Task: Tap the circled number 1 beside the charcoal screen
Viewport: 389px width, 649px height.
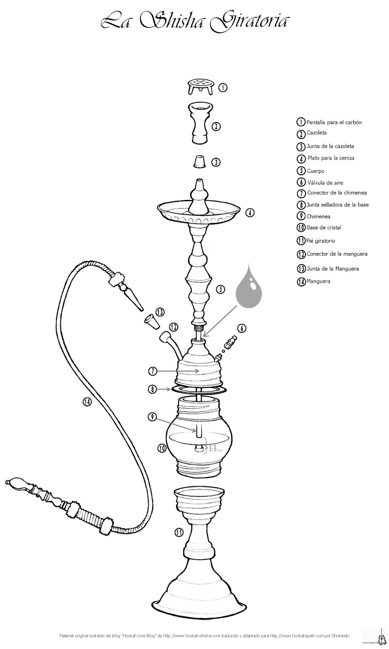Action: coord(222,87)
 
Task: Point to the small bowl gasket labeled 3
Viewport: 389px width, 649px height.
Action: coord(199,161)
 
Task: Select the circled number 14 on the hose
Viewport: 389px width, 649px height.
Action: coord(87,402)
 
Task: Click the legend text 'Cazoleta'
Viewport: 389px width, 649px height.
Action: coord(316,133)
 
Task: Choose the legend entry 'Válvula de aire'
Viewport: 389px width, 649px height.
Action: coord(325,183)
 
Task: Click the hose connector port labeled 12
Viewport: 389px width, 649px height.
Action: coord(165,337)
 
